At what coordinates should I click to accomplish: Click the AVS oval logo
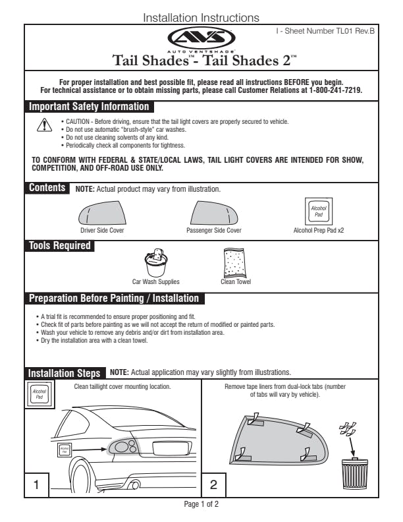click(201, 37)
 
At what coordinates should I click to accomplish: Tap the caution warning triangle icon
click(43, 126)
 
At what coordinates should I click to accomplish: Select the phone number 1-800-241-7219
click(335, 90)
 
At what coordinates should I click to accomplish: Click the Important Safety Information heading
click(89, 107)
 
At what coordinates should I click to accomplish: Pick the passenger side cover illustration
click(214, 213)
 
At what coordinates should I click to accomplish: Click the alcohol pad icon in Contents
click(318, 212)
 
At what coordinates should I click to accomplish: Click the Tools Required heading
click(59, 246)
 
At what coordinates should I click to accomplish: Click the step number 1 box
click(37, 484)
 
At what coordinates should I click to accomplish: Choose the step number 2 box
click(213, 484)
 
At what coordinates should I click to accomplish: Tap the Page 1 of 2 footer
click(201, 504)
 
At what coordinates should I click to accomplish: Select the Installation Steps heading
click(65, 373)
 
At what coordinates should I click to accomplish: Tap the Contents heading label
click(47, 188)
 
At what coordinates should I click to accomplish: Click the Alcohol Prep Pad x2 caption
click(318, 231)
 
